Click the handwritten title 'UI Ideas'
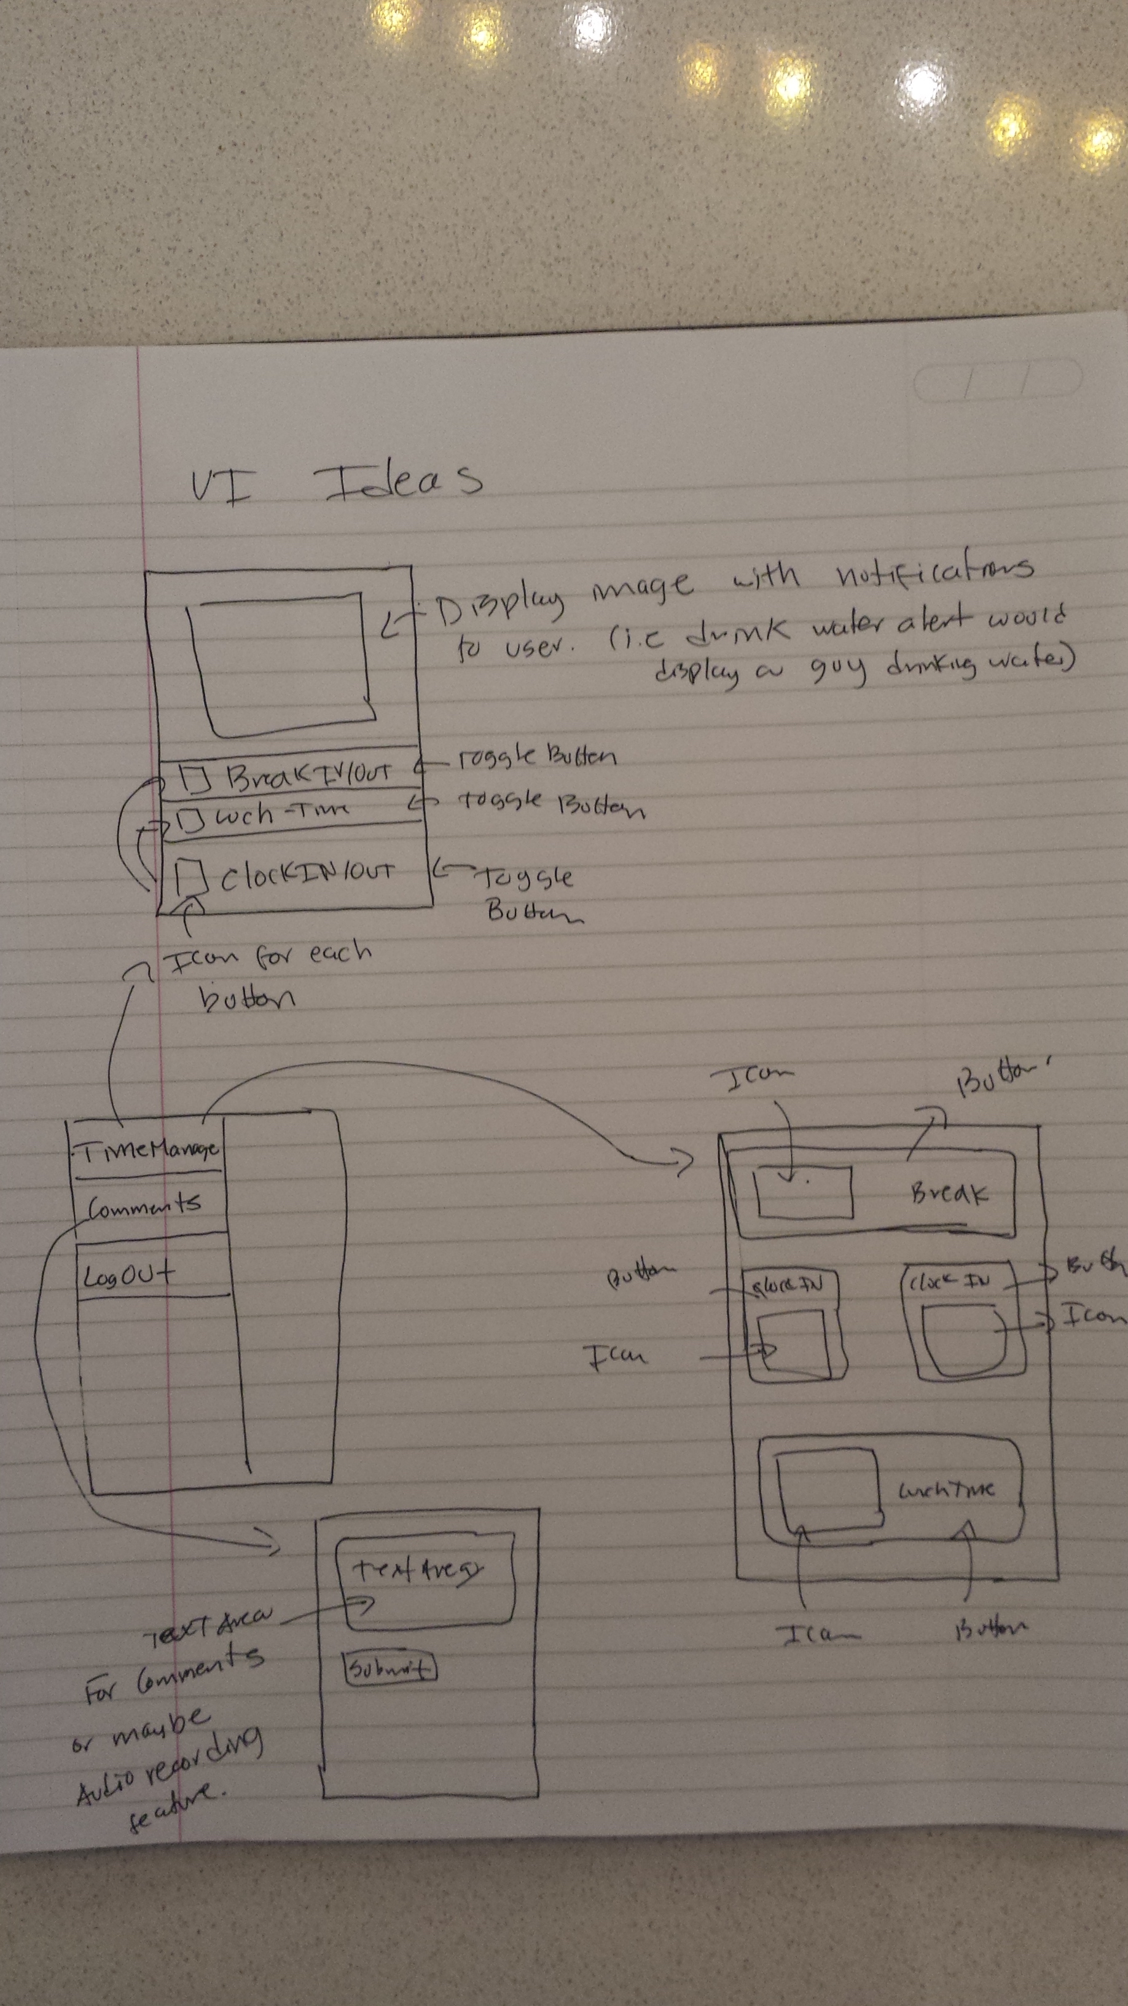coord(335,481)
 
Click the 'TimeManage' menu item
coord(147,1149)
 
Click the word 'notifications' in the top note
coord(934,572)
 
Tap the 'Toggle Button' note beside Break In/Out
coord(537,755)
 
